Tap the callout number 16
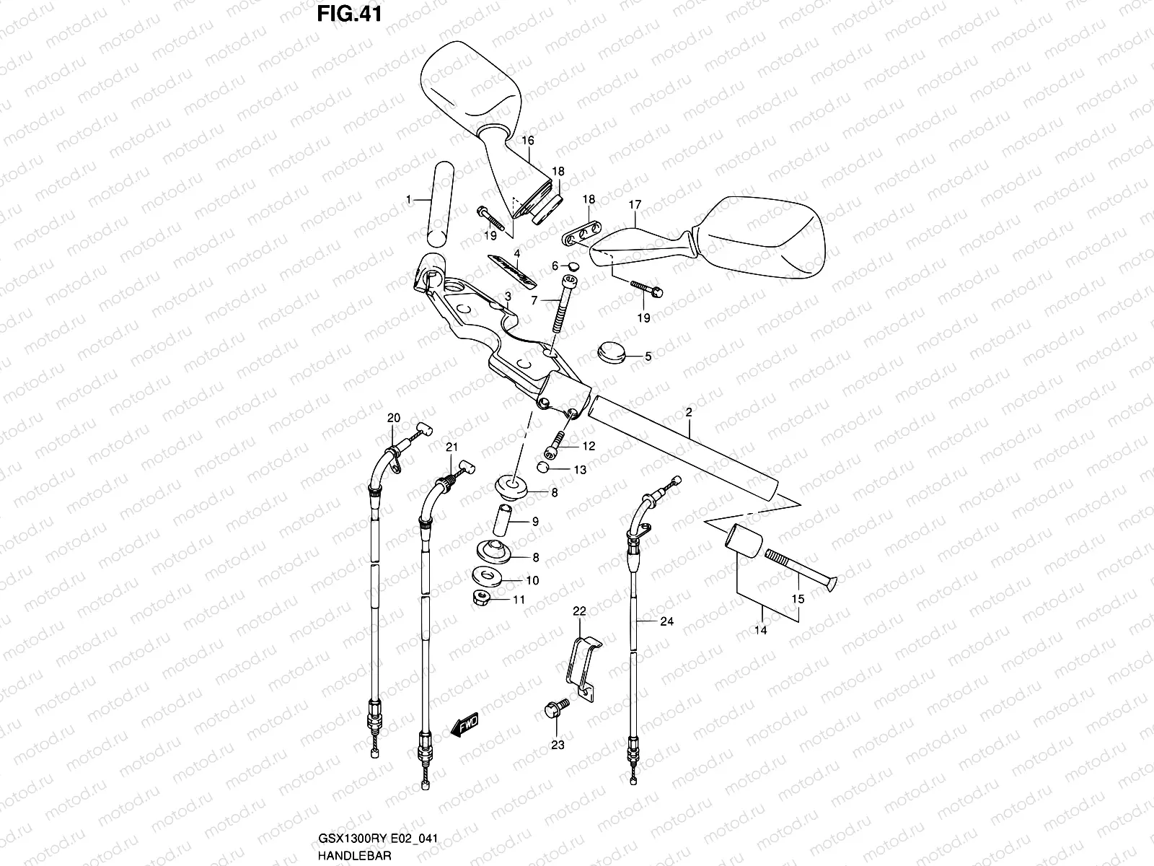coord(527,140)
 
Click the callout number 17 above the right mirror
coord(634,206)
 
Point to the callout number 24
coord(666,621)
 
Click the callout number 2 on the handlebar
coord(688,414)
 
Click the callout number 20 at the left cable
coord(393,418)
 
